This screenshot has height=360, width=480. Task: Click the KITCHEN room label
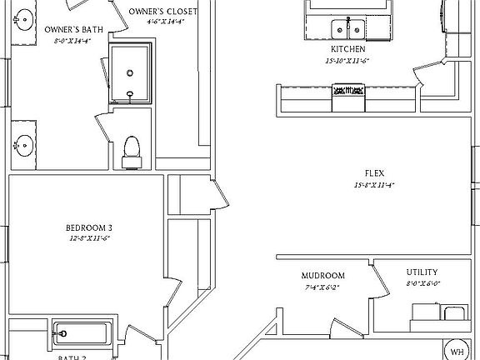coord(347,49)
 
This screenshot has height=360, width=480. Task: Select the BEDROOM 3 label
coord(88,227)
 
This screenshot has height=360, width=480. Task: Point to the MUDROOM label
coord(323,276)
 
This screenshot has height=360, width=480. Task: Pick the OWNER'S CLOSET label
coord(163,12)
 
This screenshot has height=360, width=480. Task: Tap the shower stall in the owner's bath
coord(131,73)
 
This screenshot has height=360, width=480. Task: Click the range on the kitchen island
coord(348,96)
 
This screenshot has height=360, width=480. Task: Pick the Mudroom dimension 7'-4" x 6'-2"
coord(323,287)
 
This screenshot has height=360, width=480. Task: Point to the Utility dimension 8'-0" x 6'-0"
coord(423,283)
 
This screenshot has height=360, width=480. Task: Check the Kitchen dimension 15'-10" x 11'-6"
coord(347,60)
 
